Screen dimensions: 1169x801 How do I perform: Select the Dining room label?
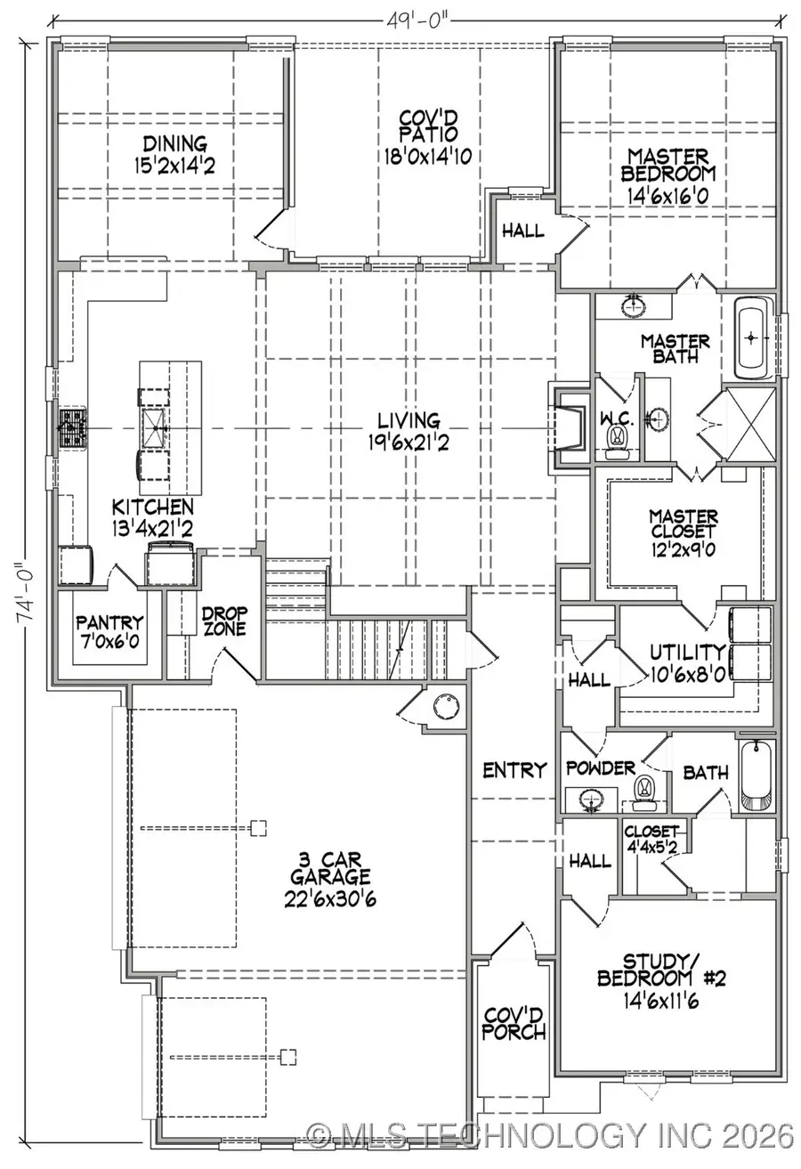(x=174, y=152)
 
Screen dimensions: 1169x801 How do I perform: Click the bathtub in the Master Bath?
(x=753, y=338)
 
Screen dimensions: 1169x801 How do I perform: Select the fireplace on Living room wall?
(x=566, y=423)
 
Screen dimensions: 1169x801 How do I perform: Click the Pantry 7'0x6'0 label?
(x=109, y=630)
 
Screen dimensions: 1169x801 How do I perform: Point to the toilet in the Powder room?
(x=643, y=790)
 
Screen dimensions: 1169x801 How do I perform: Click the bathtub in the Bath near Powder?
(x=758, y=776)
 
